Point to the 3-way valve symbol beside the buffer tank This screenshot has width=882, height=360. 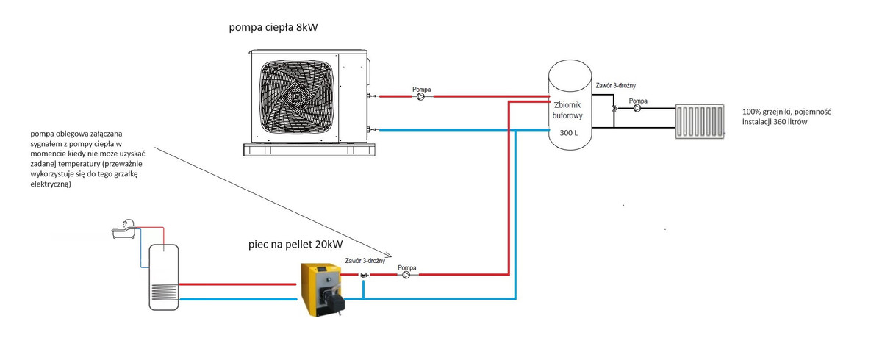pos(614,108)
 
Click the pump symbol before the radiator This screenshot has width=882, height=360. pos(637,108)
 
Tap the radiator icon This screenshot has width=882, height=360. pos(700,120)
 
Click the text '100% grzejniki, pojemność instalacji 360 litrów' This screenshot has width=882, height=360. pos(786,118)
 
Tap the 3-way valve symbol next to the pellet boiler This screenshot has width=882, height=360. pos(363,276)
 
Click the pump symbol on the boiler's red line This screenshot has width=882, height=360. pos(406,276)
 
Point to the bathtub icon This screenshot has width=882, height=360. pos(124,229)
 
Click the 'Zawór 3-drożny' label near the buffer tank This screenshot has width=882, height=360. pos(615,85)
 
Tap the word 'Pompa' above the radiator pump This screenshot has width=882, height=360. pos(638,100)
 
